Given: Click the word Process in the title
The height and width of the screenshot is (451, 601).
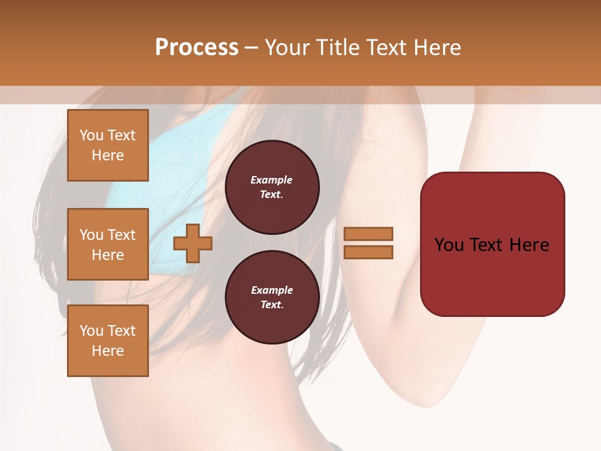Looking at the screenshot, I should [x=197, y=48].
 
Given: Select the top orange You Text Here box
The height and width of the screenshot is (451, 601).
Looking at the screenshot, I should [x=108, y=145].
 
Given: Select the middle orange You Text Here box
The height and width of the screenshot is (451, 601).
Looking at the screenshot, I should [x=108, y=244].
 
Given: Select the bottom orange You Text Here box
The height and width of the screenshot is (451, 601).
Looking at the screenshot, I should [x=108, y=341].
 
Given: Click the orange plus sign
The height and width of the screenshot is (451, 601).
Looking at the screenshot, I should [x=192, y=243].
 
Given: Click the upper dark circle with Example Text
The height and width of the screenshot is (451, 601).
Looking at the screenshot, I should [x=272, y=187].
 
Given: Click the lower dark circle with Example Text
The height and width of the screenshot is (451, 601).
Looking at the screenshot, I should [x=272, y=298].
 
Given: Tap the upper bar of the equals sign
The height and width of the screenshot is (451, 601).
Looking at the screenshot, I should [x=369, y=234].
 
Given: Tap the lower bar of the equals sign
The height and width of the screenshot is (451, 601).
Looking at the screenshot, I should [x=369, y=252].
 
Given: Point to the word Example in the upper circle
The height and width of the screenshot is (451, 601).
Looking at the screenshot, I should [x=271, y=180].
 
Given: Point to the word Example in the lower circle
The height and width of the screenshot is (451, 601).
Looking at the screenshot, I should [x=272, y=290].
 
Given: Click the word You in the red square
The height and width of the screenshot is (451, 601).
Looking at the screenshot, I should [x=449, y=245].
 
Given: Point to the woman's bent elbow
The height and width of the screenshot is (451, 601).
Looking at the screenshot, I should [x=432, y=388].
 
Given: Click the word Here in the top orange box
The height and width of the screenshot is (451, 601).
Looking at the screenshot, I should [x=108, y=155].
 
